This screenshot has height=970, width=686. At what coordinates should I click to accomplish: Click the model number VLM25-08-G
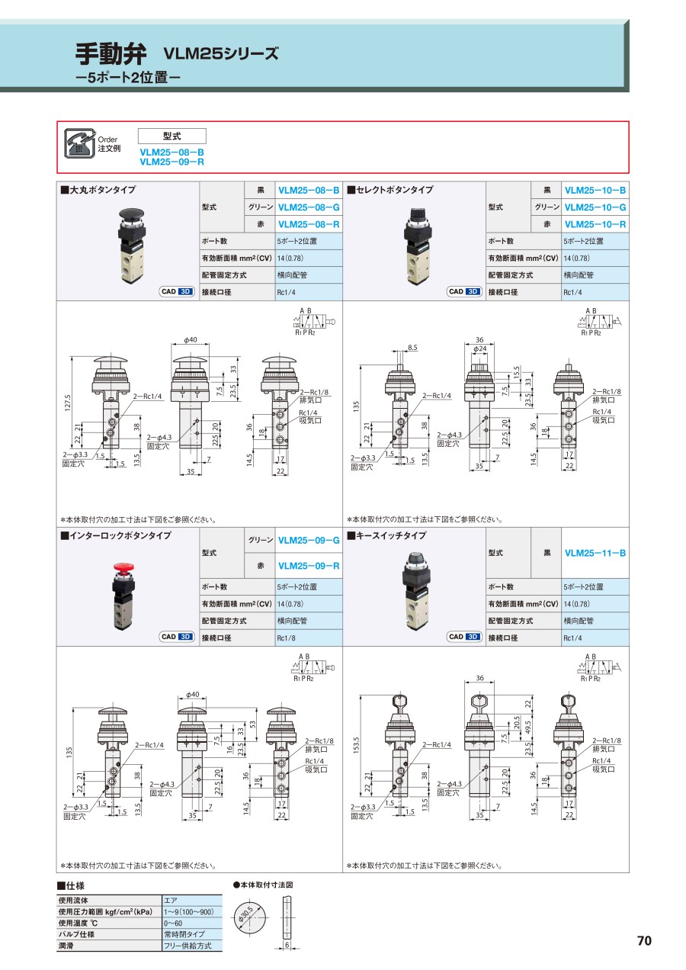click(x=309, y=207)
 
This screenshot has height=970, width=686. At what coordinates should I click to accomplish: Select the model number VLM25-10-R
click(x=595, y=224)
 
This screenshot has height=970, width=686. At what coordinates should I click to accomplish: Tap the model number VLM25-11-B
click(x=595, y=553)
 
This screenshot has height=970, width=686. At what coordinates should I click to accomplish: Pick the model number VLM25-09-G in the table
click(x=309, y=540)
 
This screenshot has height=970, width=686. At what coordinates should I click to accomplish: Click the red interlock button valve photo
click(x=123, y=596)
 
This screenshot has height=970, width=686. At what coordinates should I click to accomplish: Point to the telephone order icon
click(x=79, y=143)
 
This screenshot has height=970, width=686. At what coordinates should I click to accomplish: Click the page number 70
click(x=644, y=940)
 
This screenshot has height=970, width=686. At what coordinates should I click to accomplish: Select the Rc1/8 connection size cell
click(x=309, y=638)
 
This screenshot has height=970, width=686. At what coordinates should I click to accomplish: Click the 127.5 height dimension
click(x=68, y=403)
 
